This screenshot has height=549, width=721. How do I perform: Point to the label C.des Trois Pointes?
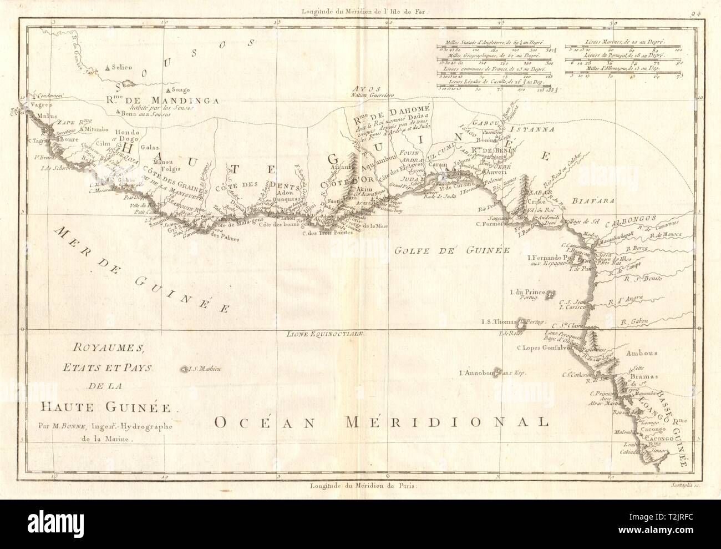pyautogui.click(x=327, y=234)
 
